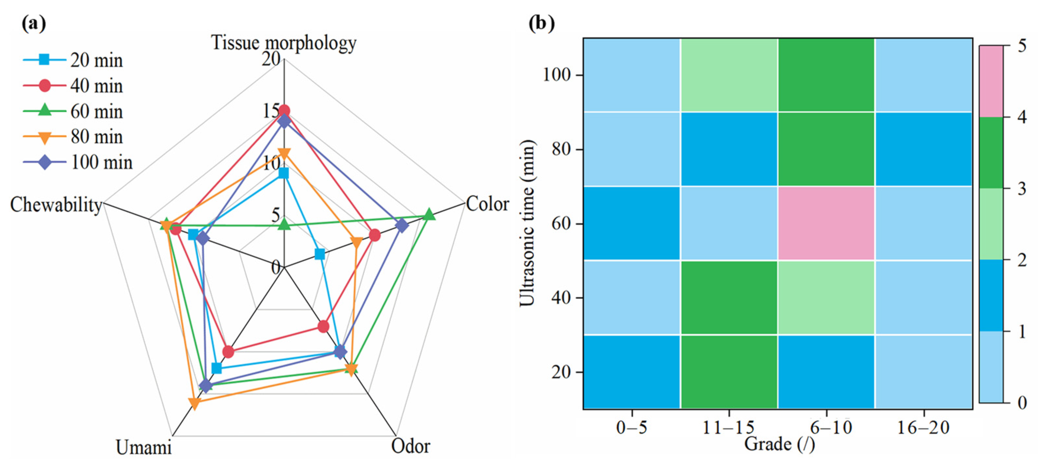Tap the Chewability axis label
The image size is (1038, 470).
(56, 205)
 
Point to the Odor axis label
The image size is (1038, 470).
(410, 446)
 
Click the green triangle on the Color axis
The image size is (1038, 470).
(429, 215)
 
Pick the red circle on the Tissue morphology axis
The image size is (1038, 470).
(284, 111)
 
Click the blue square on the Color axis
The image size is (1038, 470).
(319, 254)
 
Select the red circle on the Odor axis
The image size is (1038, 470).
(323, 326)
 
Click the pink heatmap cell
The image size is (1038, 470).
(826, 224)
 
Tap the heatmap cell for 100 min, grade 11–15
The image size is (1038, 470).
(729, 75)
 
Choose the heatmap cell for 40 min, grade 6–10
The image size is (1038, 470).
(826, 298)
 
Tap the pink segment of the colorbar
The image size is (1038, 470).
(991, 81)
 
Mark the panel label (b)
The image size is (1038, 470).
(541, 23)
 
